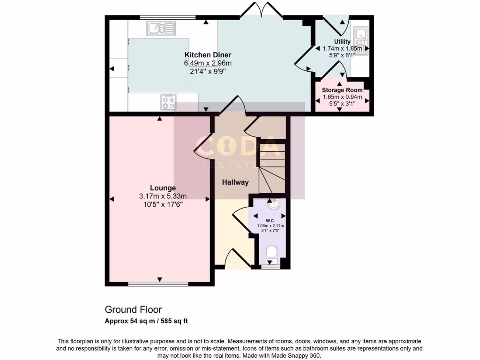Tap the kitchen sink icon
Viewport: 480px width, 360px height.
(x=161, y=30)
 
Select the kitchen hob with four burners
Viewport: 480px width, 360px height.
(x=168, y=102)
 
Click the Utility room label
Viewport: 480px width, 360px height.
(x=342, y=42)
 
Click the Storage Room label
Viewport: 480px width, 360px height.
(x=342, y=90)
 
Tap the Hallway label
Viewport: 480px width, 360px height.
(x=235, y=182)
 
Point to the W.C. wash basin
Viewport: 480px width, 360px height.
(x=272, y=204)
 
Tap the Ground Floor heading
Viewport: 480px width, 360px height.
(x=133, y=309)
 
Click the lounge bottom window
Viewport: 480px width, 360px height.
(x=159, y=284)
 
